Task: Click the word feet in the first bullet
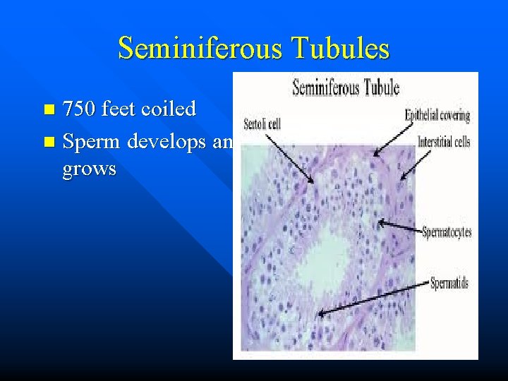[x=121, y=109]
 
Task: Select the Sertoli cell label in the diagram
[x=262, y=125]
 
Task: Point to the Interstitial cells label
[x=444, y=142]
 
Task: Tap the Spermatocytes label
[x=447, y=231]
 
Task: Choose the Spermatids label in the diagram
[x=450, y=284]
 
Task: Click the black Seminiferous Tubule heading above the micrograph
[x=346, y=87]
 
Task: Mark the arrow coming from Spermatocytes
[x=399, y=226]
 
